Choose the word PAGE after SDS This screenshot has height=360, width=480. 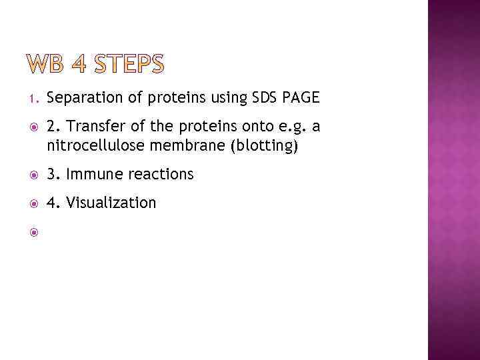[x=301, y=99]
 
